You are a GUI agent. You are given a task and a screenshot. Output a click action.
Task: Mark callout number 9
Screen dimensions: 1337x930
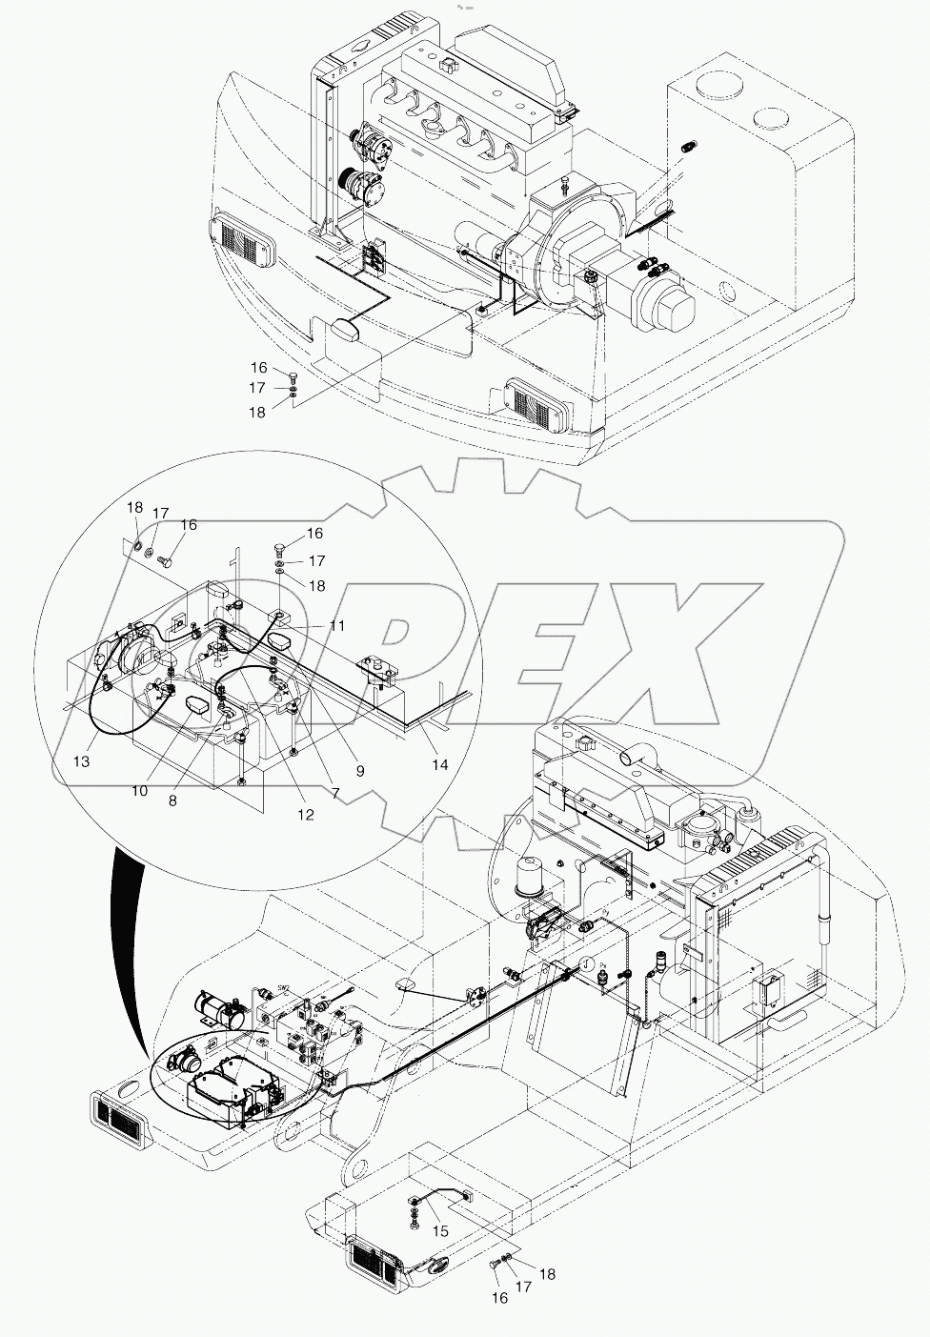360,745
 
